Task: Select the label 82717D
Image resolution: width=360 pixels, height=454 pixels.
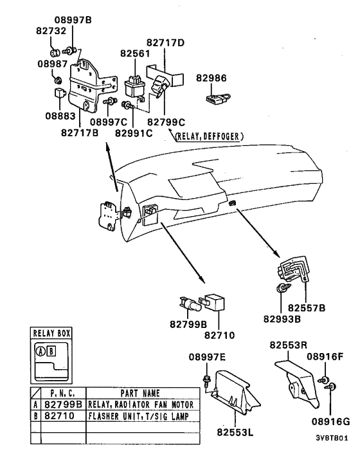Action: [166, 43]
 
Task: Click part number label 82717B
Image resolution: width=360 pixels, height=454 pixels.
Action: [80, 133]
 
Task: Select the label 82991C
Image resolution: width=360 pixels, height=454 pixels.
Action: [134, 133]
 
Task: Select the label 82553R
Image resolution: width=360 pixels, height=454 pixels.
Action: [287, 345]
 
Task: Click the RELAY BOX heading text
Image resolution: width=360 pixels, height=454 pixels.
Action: [51, 334]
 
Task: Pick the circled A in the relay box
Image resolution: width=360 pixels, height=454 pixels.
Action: [40, 351]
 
